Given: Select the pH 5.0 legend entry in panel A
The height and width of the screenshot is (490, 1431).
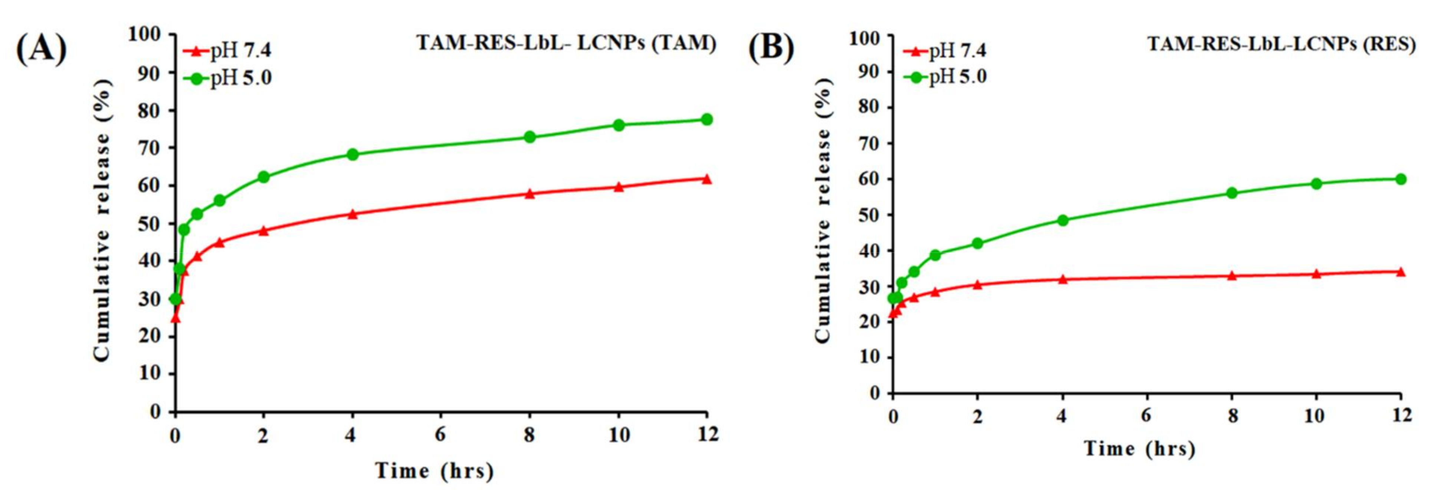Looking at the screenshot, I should point(228,78).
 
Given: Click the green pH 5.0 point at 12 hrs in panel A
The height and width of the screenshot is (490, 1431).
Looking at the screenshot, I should point(707,120).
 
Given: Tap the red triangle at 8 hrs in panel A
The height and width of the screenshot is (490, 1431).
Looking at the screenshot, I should point(530,194).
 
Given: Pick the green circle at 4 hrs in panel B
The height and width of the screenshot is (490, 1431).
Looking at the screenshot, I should point(1063,220).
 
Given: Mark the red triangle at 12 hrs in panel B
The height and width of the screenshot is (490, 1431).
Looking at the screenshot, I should point(1401,272).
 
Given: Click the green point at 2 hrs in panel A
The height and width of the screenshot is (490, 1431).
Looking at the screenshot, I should point(263,177).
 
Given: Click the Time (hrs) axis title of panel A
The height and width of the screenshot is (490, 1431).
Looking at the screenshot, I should point(435,471).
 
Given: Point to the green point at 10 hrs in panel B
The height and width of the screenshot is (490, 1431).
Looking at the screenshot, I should point(1316,183).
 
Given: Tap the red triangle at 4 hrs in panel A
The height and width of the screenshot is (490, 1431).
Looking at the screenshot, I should point(352,214).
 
